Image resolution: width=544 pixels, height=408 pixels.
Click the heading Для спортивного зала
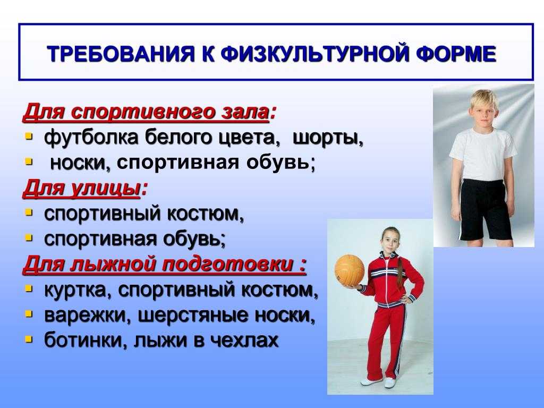(x=146, y=113)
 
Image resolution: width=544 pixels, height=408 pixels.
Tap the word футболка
(x=91, y=138)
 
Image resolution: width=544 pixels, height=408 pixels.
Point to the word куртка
(x=74, y=291)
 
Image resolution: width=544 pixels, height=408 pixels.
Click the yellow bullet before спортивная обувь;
(x=29, y=237)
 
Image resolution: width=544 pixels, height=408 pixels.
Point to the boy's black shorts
(x=485, y=210)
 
